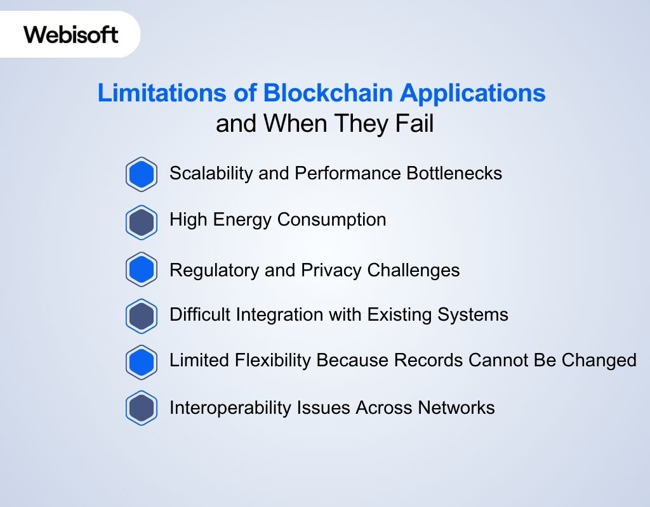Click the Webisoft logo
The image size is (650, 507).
click(x=71, y=34)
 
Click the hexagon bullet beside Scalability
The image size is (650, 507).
click(x=141, y=174)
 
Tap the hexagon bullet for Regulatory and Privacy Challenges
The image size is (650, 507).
click(x=141, y=270)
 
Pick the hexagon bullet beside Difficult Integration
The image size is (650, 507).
click(x=141, y=316)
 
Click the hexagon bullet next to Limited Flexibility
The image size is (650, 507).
click(x=141, y=362)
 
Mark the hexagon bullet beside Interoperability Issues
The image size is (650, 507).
click(x=141, y=408)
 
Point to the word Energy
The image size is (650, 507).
click(x=242, y=220)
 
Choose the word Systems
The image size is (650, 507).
click(x=477, y=314)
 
